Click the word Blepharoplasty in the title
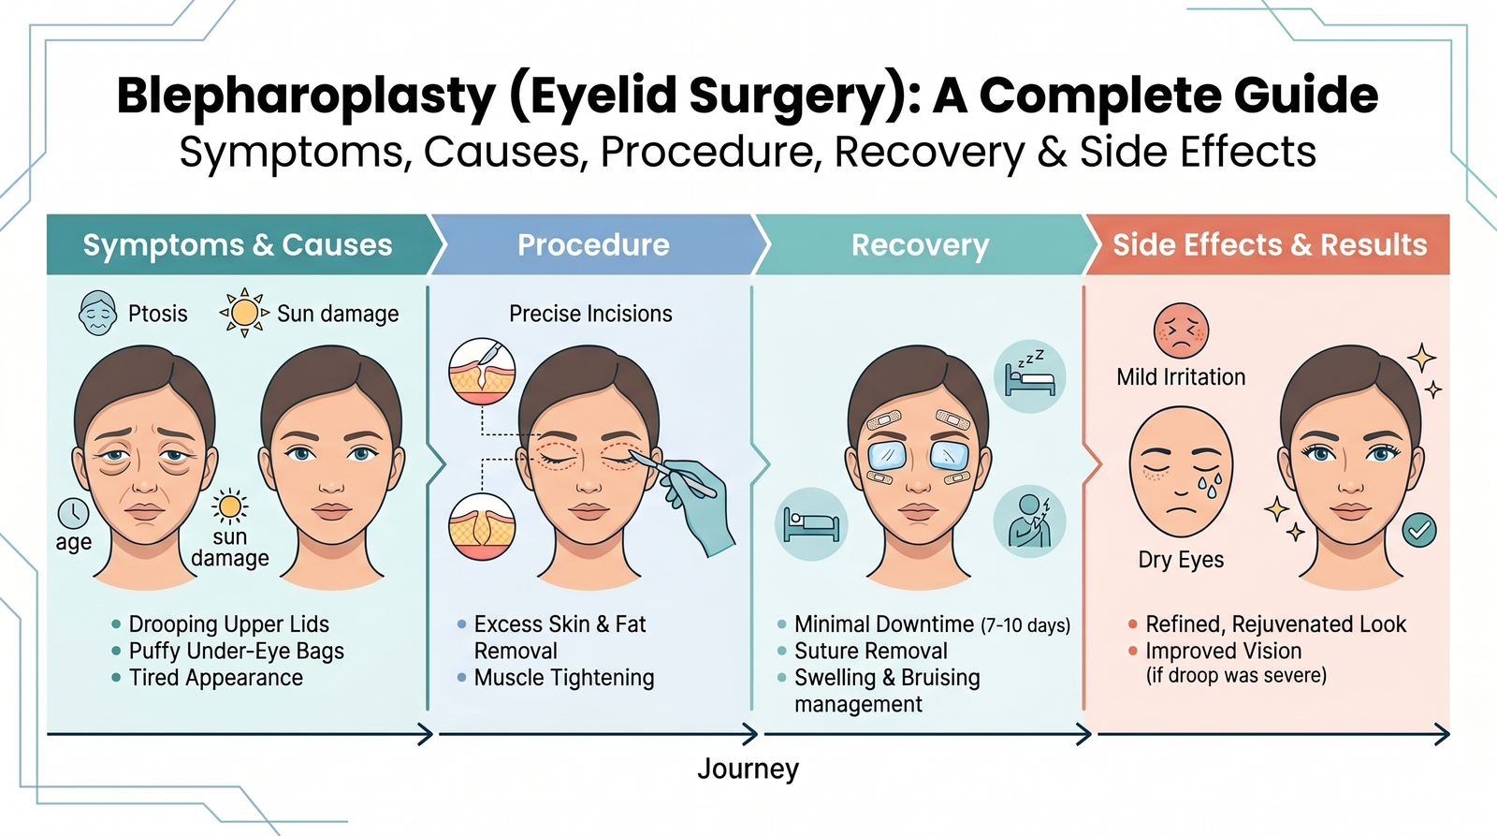[306, 96]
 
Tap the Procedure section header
[593, 245]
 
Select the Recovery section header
[920, 245]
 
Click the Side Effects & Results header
[1269, 245]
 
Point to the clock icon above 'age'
[74, 513]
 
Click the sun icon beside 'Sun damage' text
[244, 313]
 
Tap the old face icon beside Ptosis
[98, 313]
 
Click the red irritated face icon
[1181, 330]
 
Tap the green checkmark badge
[1419, 531]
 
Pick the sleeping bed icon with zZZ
[1029, 376]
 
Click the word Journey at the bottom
[748, 770]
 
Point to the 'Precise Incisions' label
[590, 314]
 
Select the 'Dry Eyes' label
[1181, 560]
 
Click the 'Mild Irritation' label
[1181, 377]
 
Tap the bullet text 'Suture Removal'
[870, 652]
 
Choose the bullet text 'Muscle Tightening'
[563, 678]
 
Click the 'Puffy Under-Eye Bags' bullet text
[236, 652]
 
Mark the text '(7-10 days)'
[1025, 625]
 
